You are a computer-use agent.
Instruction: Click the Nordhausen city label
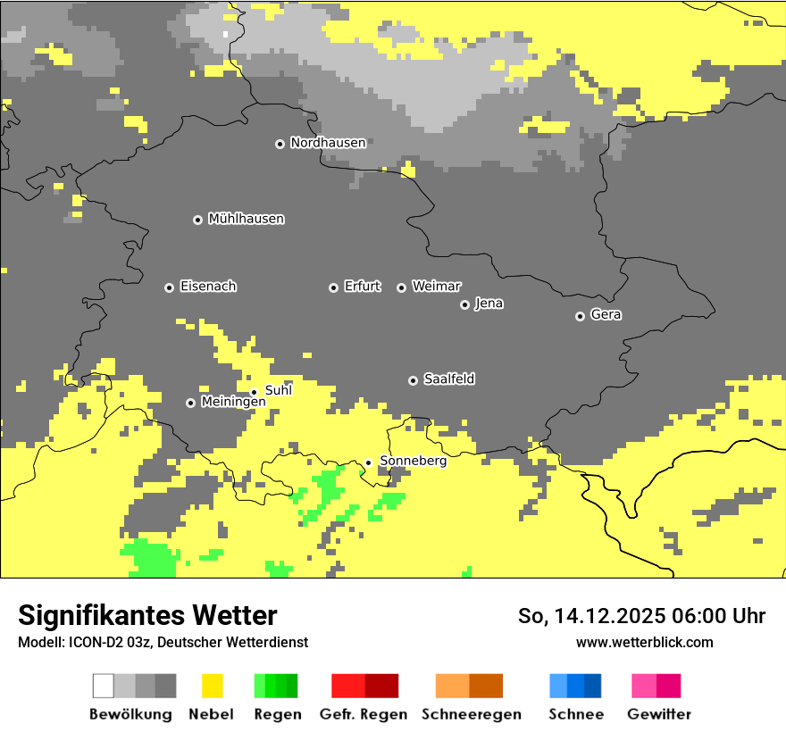tap(328, 143)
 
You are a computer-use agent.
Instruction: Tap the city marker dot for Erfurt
tap(333, 287)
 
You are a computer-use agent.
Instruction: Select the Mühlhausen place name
tap(246, 219)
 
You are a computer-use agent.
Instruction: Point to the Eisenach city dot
tap(169, 287)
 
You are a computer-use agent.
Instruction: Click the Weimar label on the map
tap(436, 287)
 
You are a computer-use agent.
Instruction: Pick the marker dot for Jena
tap(464, 304)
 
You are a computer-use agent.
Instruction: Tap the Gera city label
tap(606, 315)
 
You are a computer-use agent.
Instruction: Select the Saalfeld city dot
tap(413, 380)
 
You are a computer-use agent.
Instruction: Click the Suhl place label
tap(278, 390)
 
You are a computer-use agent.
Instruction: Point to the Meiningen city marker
tap(190, 403)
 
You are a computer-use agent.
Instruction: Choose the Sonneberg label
tap(413, 462)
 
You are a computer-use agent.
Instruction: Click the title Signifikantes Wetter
tap(147, 615)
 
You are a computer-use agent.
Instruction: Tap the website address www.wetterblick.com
tap(644, 643)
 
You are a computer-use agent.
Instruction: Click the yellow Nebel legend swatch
tap(213, 686)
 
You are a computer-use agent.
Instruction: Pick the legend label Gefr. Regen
tap(363, 714)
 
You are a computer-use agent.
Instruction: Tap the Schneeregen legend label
tap(471, 714)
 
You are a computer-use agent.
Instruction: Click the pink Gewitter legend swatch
tap(644, 686)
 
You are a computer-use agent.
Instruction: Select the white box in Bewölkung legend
tap(104, 686)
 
